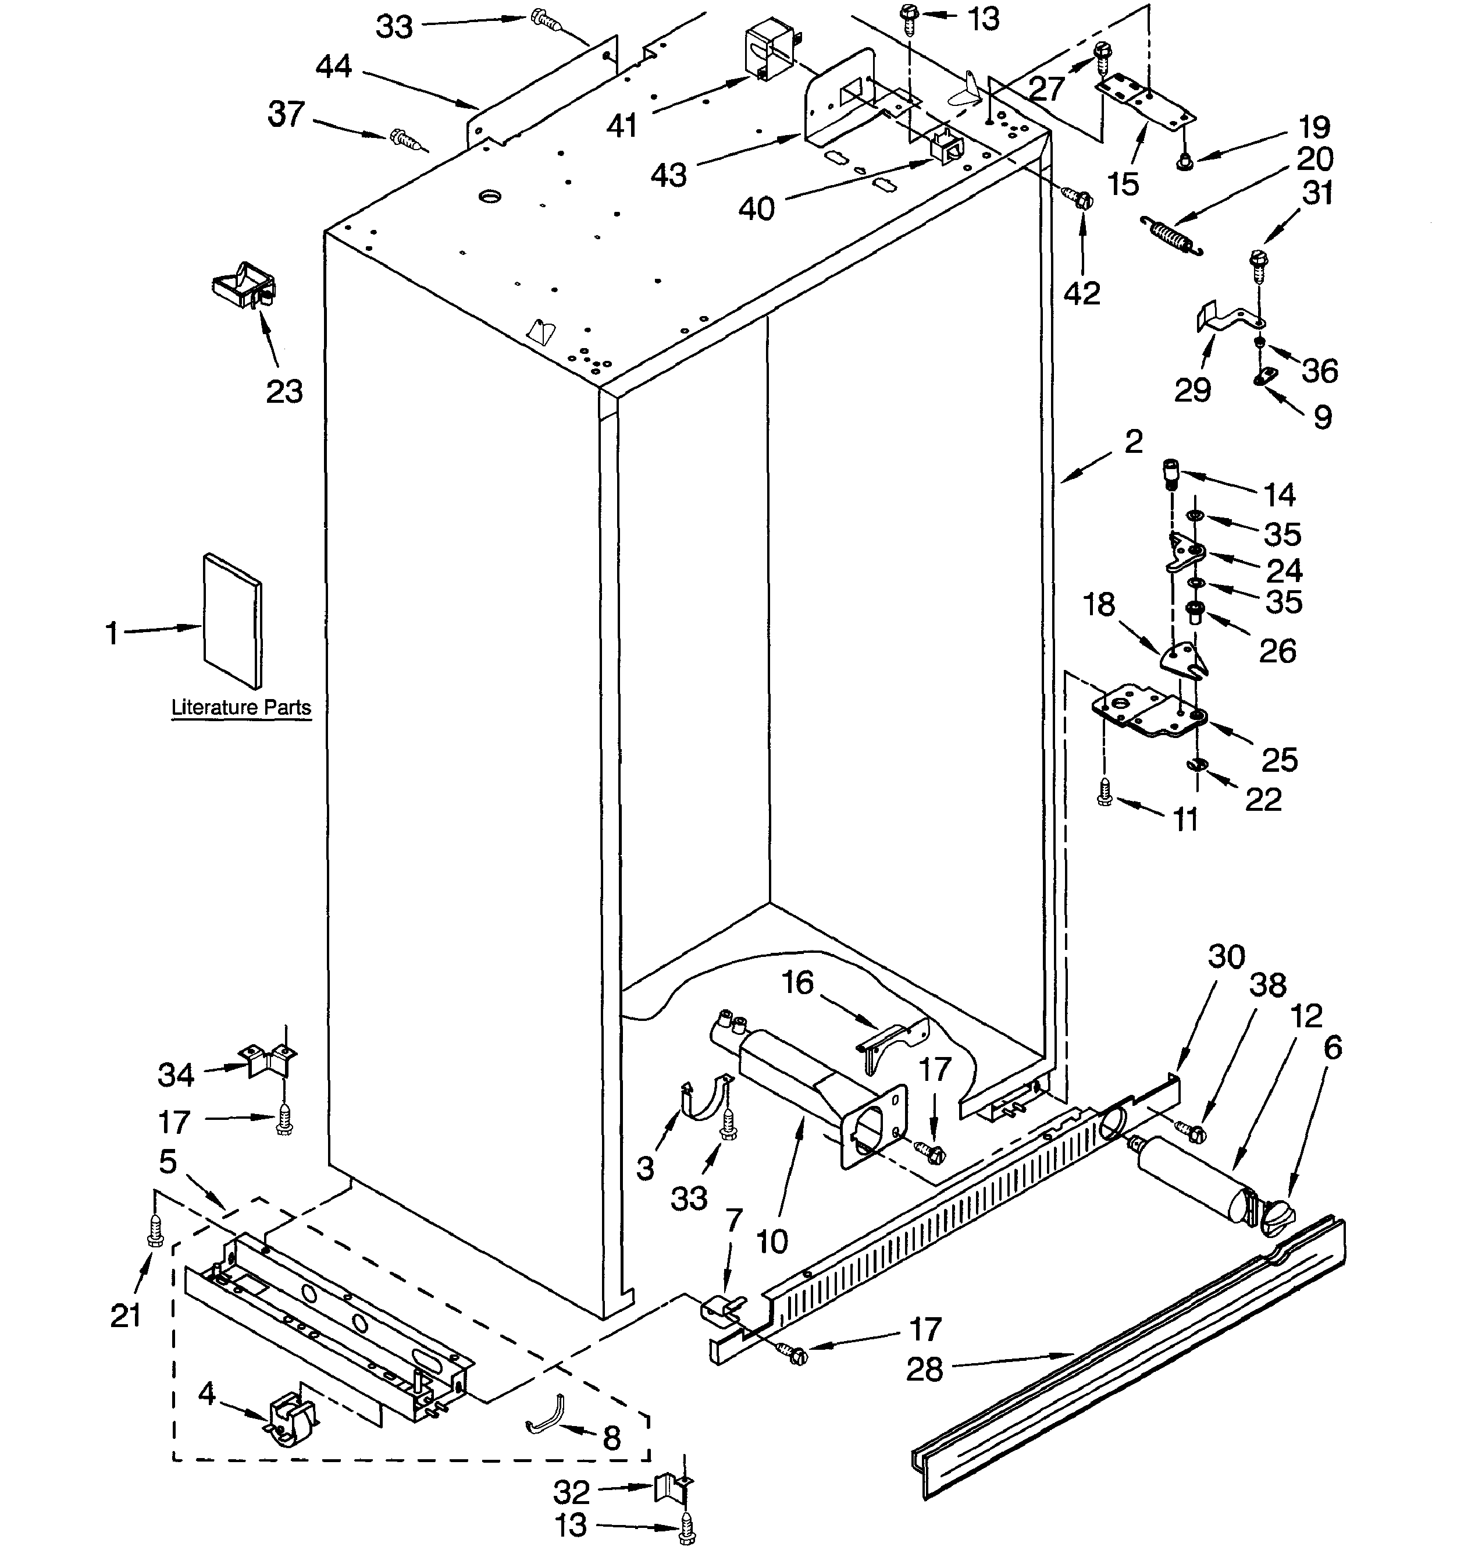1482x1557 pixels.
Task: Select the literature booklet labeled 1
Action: click(x=232, y=620)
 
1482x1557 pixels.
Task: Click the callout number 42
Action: click(x=1081, y=293)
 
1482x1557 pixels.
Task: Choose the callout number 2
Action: click(x=1133, y=441)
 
